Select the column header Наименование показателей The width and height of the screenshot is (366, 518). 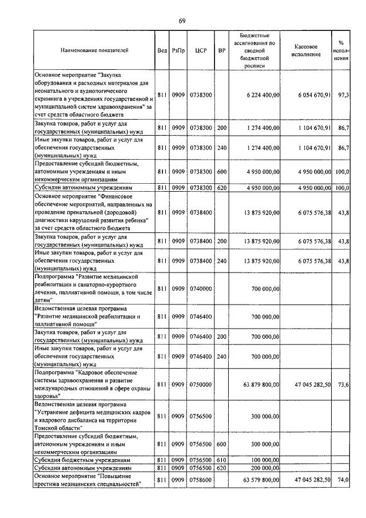94,50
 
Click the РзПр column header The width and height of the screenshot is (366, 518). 178,50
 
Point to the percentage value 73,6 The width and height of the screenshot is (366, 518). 344,385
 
